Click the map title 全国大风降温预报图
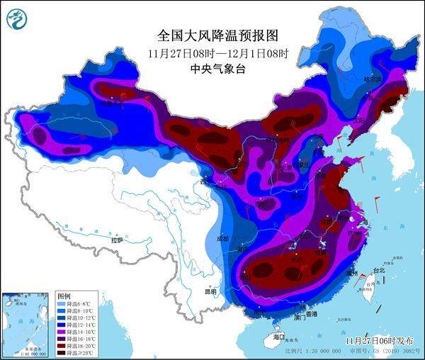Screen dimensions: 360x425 [x=213, y=35]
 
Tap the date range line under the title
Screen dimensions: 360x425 [x=213, y=53]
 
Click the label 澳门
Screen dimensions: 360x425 [x=300, y=318]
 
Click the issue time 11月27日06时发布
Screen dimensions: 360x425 [x=380, y=341]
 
